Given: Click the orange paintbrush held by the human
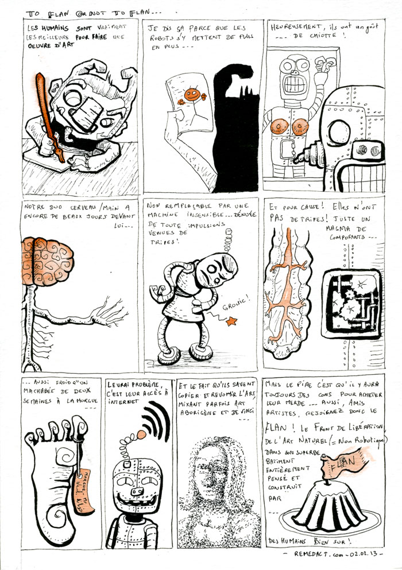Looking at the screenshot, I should (47, 110).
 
